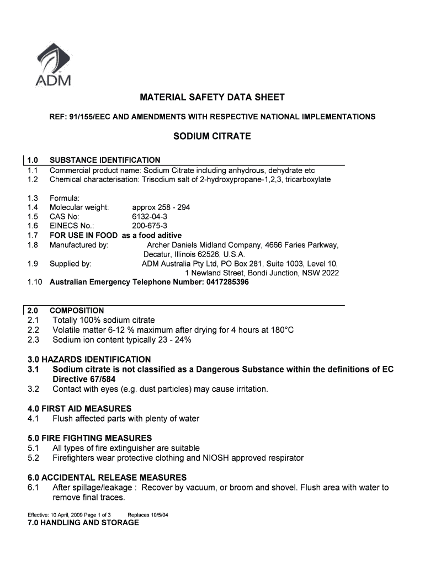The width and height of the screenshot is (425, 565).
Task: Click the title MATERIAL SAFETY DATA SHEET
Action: coord(212,98)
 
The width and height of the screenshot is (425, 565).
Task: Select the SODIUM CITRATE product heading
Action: coord(212,136)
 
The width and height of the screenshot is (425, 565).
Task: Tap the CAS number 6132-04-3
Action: coord(150,216)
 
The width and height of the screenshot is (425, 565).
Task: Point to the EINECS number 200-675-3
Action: coord(150,226)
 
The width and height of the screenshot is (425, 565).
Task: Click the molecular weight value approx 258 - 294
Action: coord(161,207)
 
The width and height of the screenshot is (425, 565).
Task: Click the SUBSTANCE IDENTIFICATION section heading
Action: coord(105,160)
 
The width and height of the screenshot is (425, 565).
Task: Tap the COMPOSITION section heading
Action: coord(77,311)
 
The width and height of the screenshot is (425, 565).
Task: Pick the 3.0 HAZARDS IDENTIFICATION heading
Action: coord(89,359)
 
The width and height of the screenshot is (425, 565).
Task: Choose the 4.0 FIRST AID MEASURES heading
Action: coord(79,408)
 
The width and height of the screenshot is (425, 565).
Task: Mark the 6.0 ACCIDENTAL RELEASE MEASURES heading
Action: coord(107,477)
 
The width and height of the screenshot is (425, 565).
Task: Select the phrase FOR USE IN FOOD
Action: coord(83,235)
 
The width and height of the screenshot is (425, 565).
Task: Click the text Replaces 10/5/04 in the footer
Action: coord(147,514)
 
